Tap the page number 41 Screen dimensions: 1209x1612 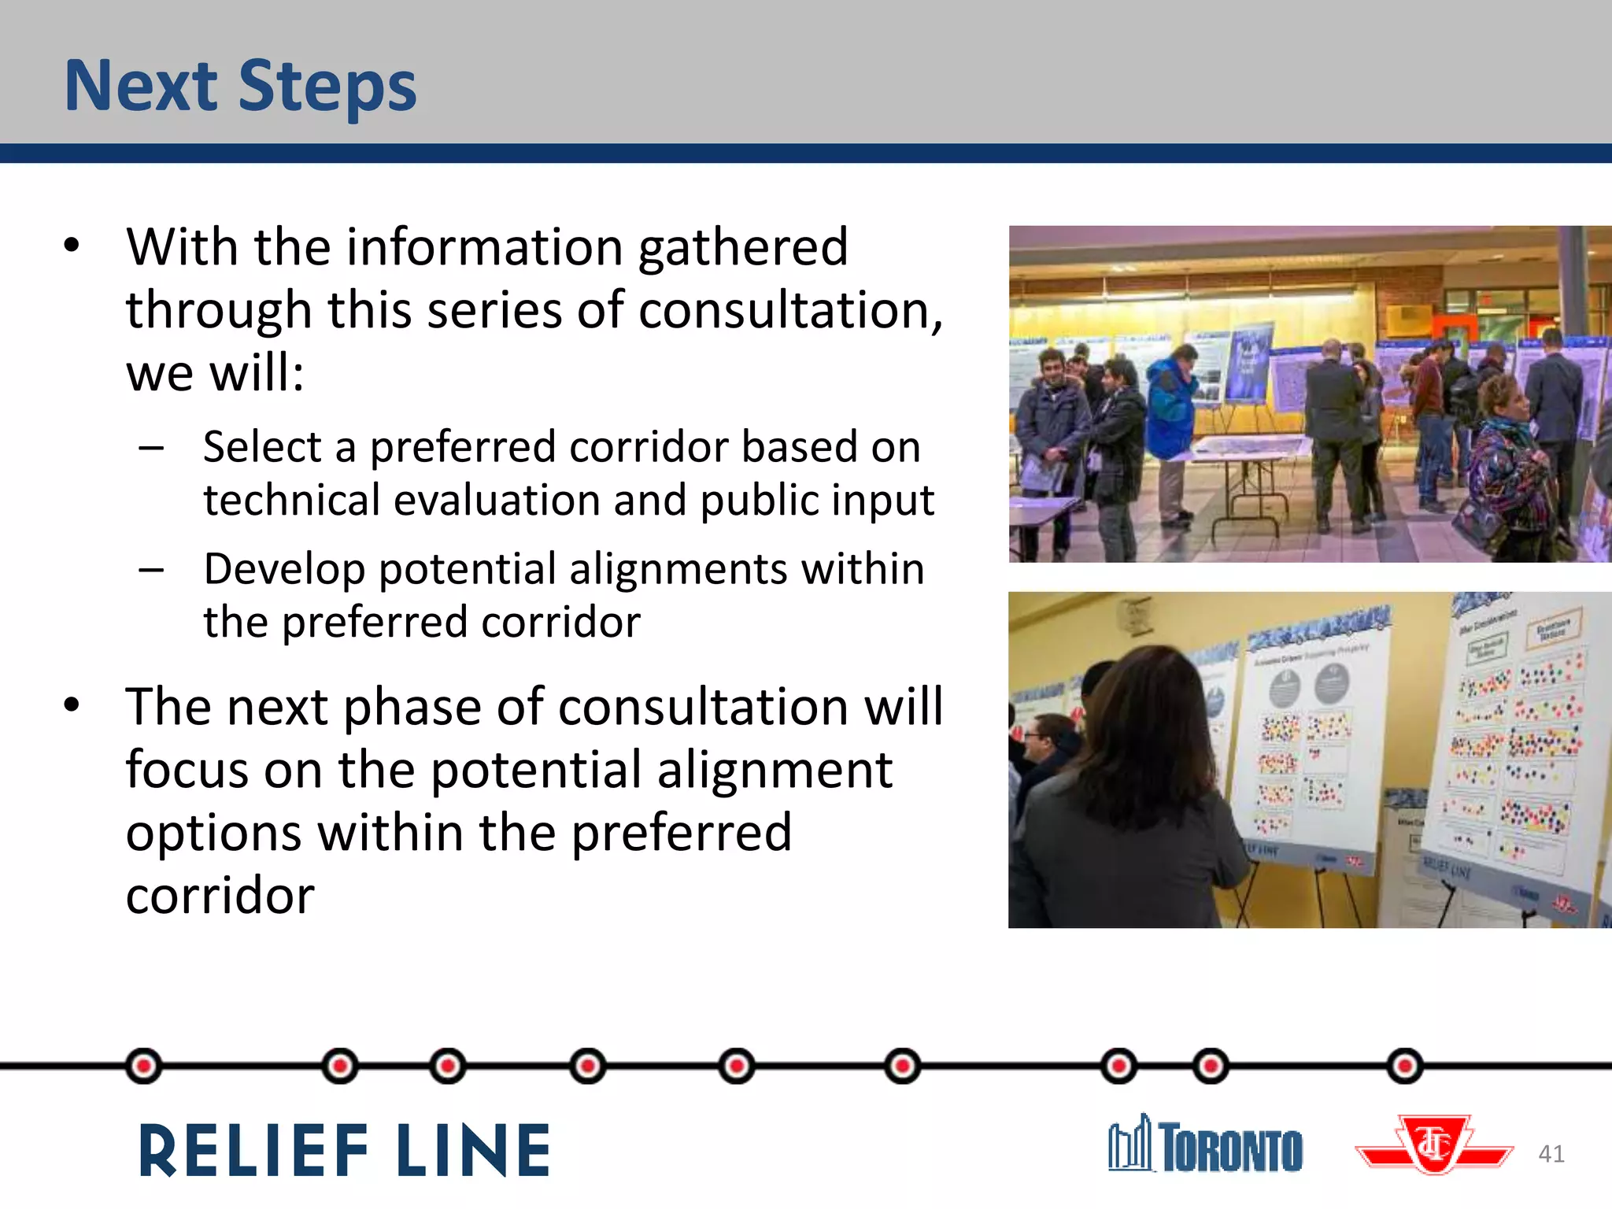pyautogui.click(x=1551, y=1154)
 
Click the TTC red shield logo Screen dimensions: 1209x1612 pyautogui.click(x=1434, y=1146)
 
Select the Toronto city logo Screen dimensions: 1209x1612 pyautogui.click(x=1205, y=1146)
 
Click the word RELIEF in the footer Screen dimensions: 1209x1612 pyautogui.click(x=253, y=1151)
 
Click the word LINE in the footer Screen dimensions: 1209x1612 pyautogui.click(x=472, y=1151)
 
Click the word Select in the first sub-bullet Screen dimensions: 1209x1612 pyautogui.click(x=262, y=447)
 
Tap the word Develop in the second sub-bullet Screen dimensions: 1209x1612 pyautogui.click(x=283, y=570)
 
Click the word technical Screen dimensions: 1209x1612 pyautogui.click(x=291, y=501)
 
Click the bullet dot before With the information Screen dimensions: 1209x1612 pyautogui.click(x=72, y=246)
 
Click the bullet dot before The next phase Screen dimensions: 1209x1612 pyautogui.click(x=72, y=704)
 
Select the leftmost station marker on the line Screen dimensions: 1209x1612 pyautogui.click(x=143, y=1067)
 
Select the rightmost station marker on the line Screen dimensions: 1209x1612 pyautogui.click(x=1405, y=1067)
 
